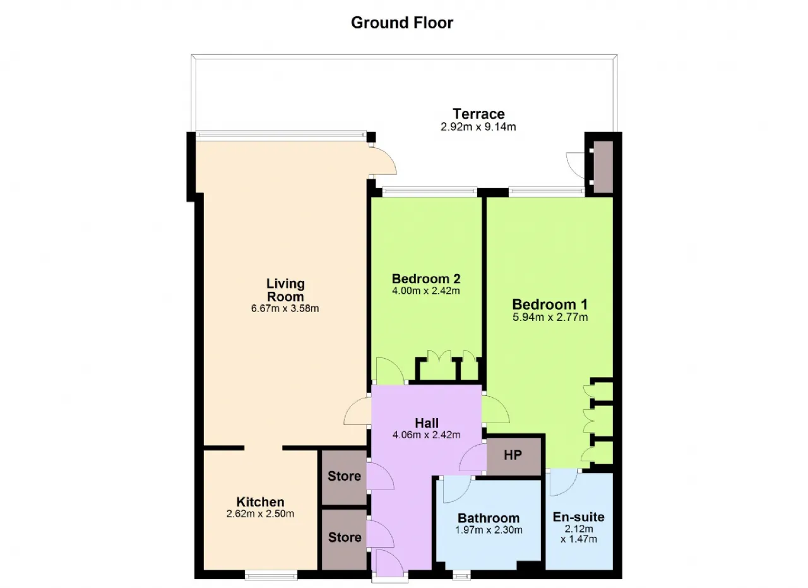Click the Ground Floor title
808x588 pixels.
(x=402, y=23)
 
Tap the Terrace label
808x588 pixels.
(x=478, y=114)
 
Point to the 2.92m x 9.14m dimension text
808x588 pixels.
(x=478, y=127)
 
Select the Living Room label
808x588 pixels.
(x=285, y=290)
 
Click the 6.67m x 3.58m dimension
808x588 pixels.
(x=285, y=309)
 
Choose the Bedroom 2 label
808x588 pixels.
(x=426, y=279)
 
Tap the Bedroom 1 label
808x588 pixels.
(x=550, y=304)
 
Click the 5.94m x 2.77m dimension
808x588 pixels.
(x=550, y=317)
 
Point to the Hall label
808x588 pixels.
(x=427, y=423)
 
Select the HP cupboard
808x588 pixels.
(x=514, y=455)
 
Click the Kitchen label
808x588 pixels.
(x=261, y=501)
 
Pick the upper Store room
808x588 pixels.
(x=344, y=477)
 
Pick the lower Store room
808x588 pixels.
(x=344, y=539)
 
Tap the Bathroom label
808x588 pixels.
(x=489, y=518)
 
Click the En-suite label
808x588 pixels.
(x=579, y=517)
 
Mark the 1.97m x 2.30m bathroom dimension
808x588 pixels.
(x=489, y=530)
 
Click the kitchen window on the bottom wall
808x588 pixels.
(x=271, y=575)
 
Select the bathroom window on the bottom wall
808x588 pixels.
(x=461, y=575)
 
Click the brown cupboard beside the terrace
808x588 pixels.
(x=603, y=166)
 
